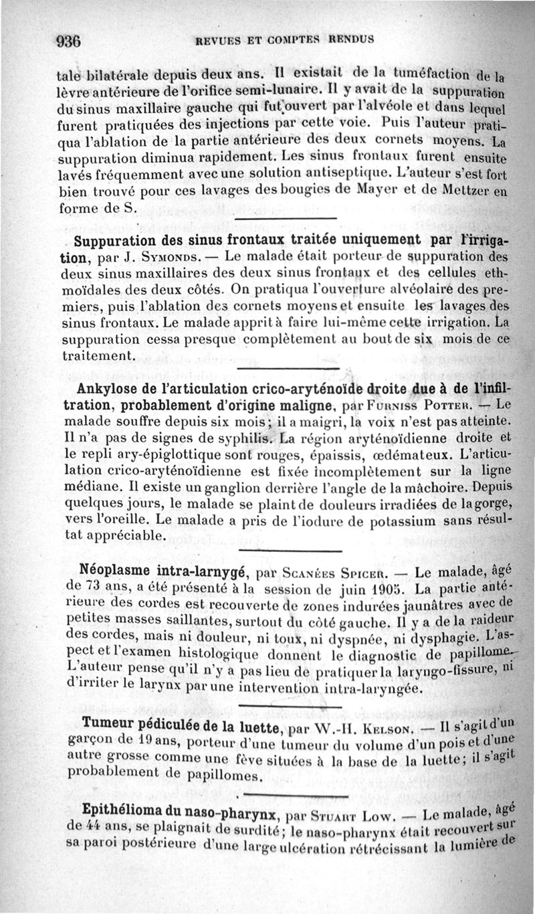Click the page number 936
(x=69, y=40)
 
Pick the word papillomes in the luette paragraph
(x=205, y=777)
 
